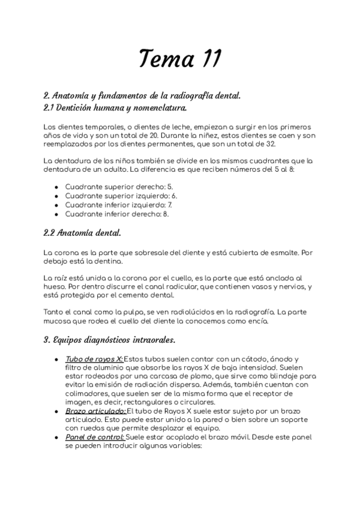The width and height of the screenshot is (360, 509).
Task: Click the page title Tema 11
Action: [180, 59]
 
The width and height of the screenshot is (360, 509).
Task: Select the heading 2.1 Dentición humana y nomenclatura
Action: [115, 108]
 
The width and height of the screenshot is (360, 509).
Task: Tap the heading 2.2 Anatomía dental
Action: [82, 232]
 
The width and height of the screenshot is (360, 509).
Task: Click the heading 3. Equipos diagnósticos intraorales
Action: [110, 340]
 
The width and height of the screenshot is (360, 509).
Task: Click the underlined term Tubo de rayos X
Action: [94, 359]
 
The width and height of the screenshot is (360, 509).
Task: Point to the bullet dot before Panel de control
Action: [56, 438]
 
